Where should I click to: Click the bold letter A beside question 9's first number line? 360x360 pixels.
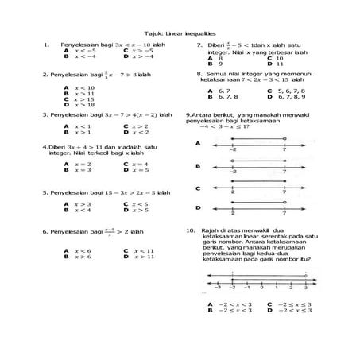tap(197, 144)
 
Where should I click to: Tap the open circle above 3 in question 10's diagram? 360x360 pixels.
tap(305, 276)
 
